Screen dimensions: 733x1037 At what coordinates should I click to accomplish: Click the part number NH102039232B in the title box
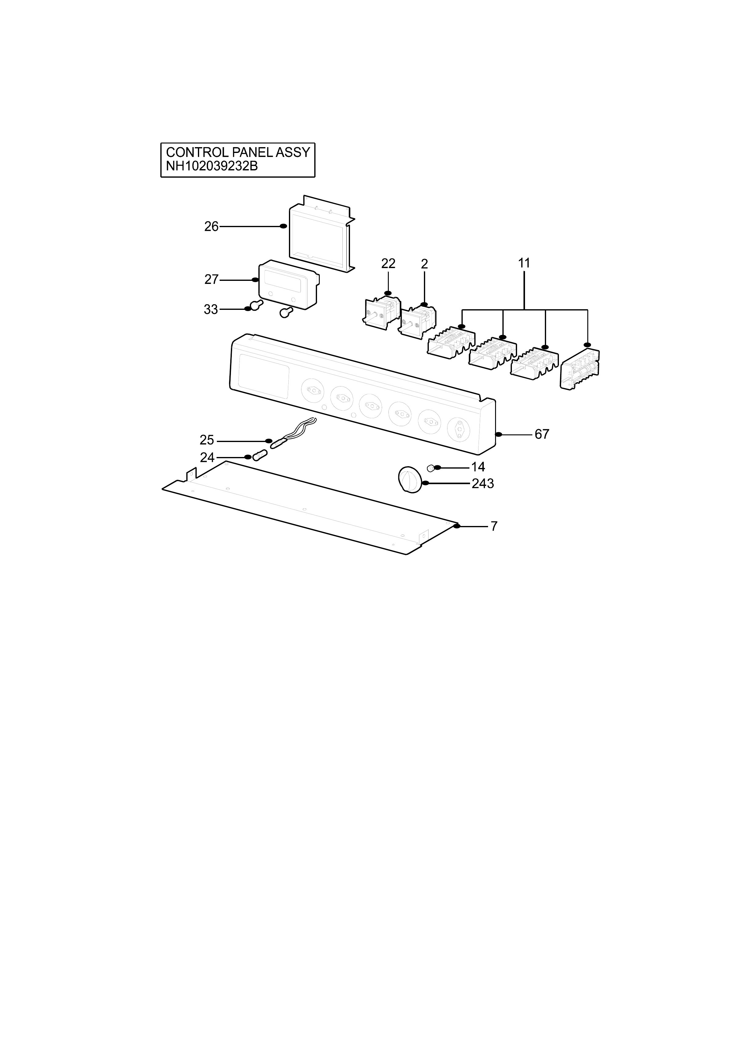click(x=212, y=166)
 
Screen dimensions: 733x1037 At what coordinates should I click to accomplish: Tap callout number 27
click(x=211, y=280)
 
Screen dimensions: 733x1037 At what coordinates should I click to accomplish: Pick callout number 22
click(x=388, y=263)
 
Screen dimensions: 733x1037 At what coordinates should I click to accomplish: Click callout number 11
click(x=524, y=263)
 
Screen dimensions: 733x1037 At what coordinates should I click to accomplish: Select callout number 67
click(x=542, y=434)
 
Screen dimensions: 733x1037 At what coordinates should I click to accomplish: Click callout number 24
click(x=207, y=458)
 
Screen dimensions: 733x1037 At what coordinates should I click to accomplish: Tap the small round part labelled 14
click(x=431, y=467)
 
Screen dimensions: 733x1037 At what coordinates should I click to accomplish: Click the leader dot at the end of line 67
click(x=499, y=434)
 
